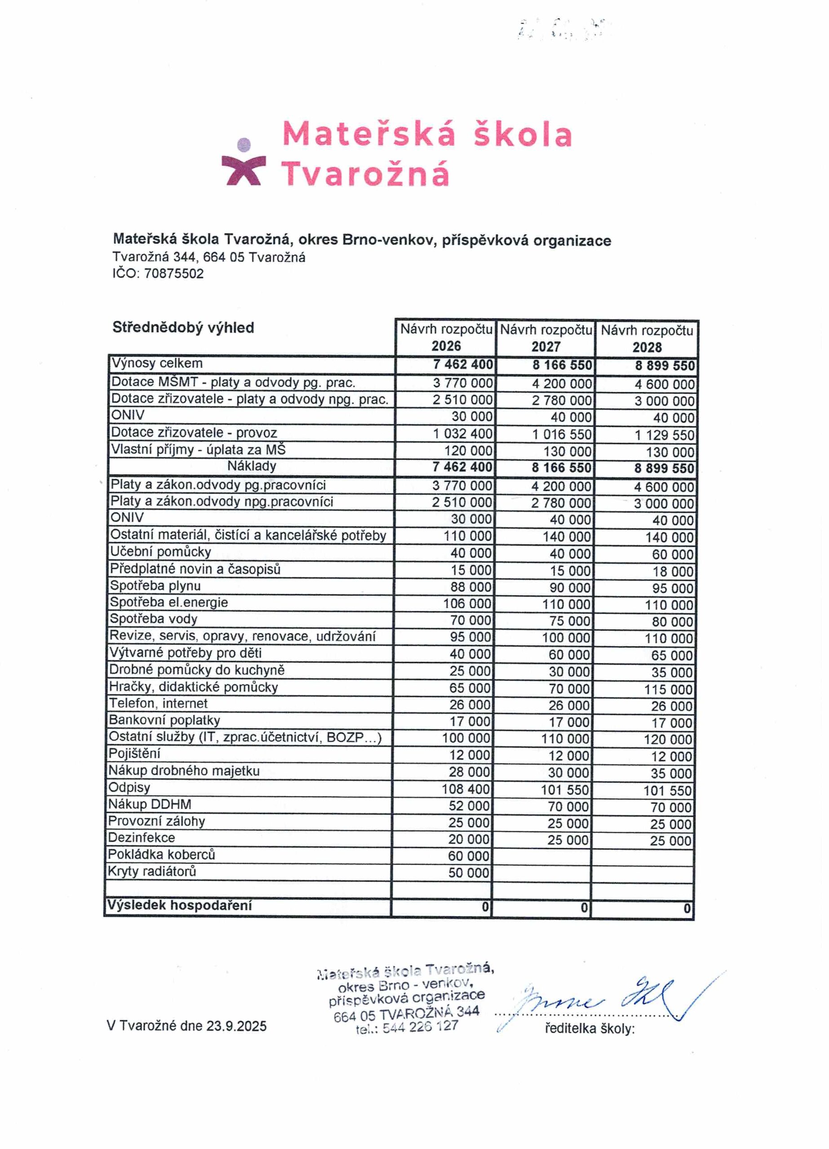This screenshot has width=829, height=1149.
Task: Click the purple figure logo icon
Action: point(244,162)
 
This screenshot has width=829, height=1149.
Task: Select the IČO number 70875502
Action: point(173,274)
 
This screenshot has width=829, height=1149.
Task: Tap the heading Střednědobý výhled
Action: point(183,328)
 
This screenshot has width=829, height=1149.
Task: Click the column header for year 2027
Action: point(545,338)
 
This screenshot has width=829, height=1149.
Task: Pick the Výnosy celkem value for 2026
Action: point(462,364)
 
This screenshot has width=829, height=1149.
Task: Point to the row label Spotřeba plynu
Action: point(155,586)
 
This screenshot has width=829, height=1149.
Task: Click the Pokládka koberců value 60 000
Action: point(469,856)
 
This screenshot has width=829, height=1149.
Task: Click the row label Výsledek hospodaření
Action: point(179,905)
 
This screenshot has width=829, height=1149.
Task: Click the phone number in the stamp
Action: point(420,1027)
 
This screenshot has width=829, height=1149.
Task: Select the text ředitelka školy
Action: point(589,1028)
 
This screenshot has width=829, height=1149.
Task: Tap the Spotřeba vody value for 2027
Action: point(570,621)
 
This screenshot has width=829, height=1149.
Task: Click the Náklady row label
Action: point(252,466)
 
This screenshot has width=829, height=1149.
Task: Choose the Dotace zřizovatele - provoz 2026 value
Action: point(462,434)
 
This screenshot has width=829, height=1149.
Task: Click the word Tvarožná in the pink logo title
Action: point(365,174)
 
